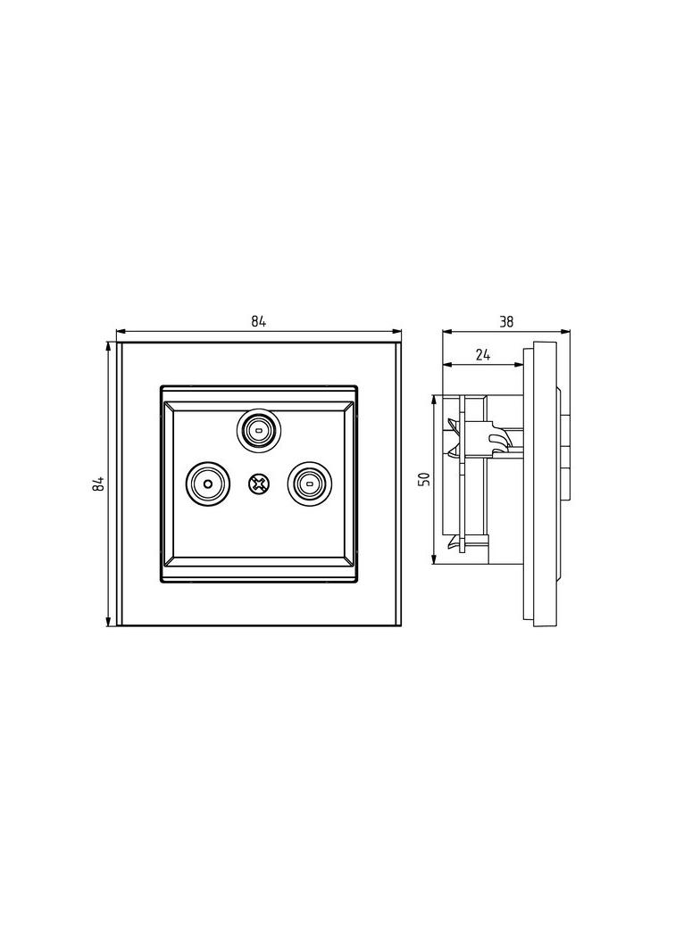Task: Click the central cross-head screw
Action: tap(258, 484)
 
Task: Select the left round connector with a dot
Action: tap(208, 484)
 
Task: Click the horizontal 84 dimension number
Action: tap(259, 321)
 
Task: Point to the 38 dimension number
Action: tap(505, 321)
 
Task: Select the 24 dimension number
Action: tap(483, 355)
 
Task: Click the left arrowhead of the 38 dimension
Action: tap(447, 331)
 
